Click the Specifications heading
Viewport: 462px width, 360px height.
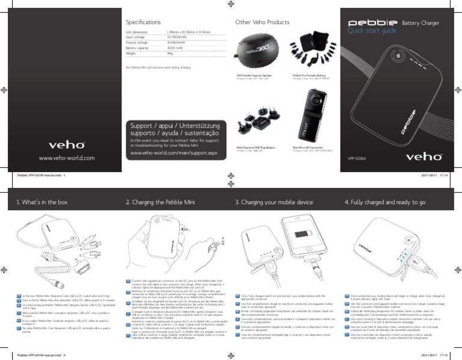point(142,20)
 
